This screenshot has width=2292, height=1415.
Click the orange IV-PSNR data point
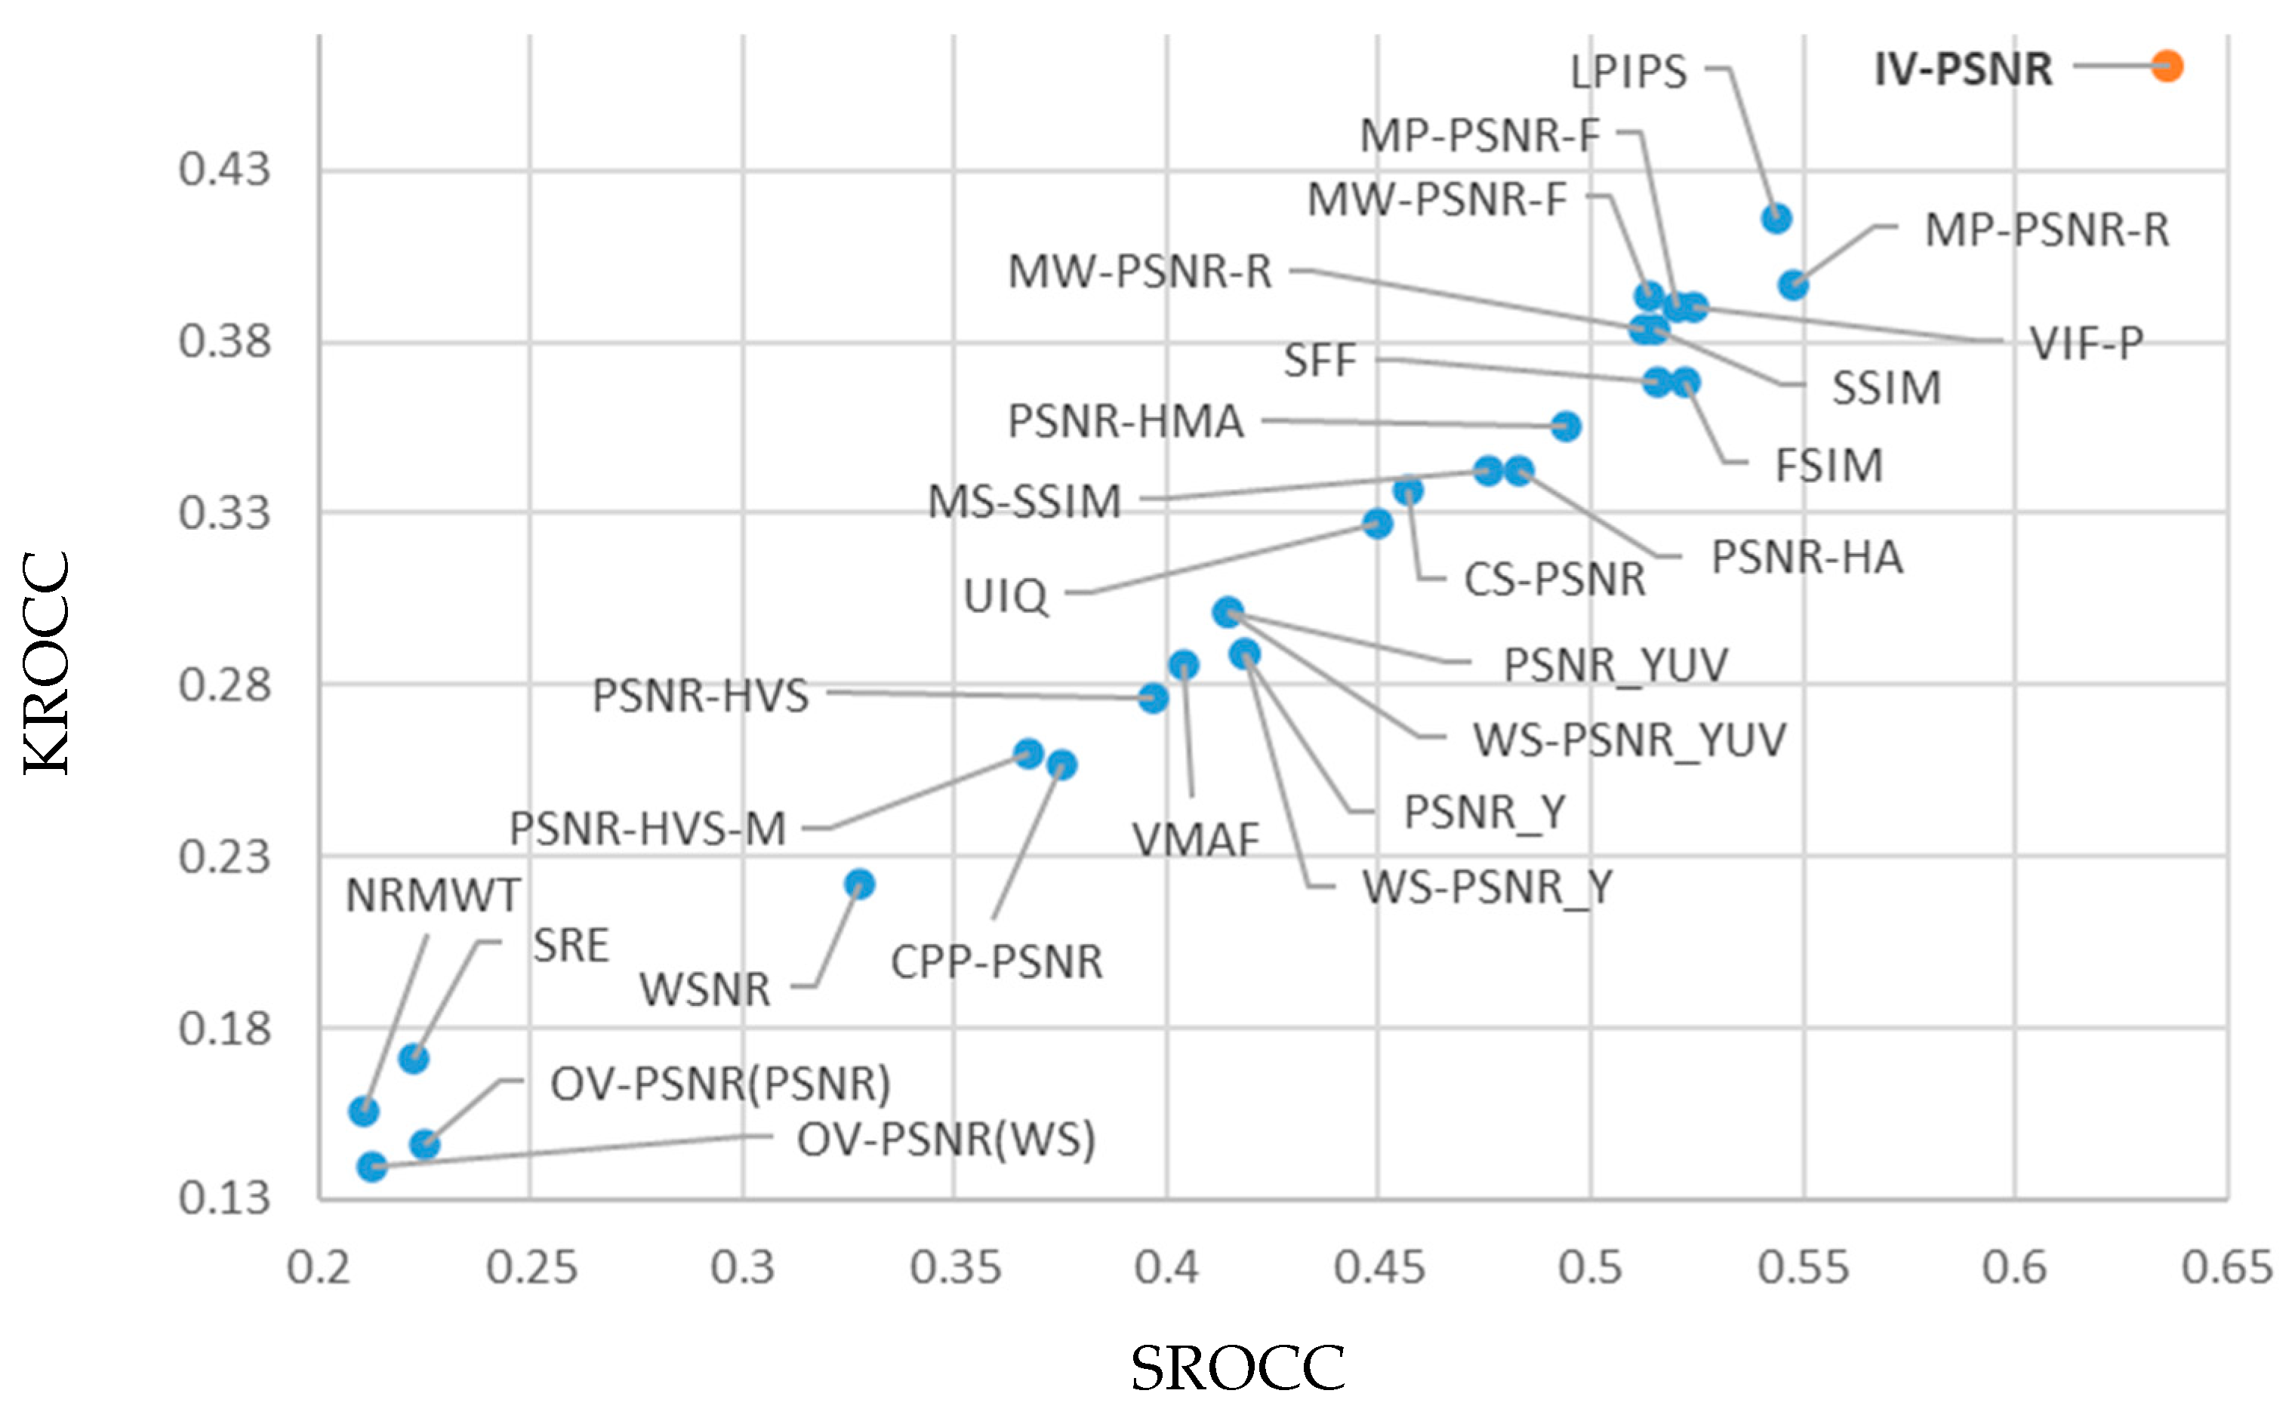(x=2166, y=66)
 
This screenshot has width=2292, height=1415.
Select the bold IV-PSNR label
(x=1963, y=69)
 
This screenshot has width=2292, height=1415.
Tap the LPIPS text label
(x=1628, y=72)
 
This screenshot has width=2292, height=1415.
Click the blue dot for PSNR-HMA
(x=1566, y=426)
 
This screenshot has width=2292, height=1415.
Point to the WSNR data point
(x=859, y=884)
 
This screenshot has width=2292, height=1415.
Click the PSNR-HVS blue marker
(x=1153, y=698)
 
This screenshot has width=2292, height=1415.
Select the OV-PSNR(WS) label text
(x=945, y=1140)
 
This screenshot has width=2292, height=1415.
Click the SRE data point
(x=414, y=1059)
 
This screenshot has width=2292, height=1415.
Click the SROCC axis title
(x=1237, y=1369)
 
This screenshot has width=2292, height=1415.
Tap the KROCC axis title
(x=47, y=663)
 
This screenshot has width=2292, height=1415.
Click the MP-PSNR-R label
(x=2046, y=230)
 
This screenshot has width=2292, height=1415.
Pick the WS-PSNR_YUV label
(x=1628, y=740)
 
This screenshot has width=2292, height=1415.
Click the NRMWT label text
(x=433, y=896)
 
